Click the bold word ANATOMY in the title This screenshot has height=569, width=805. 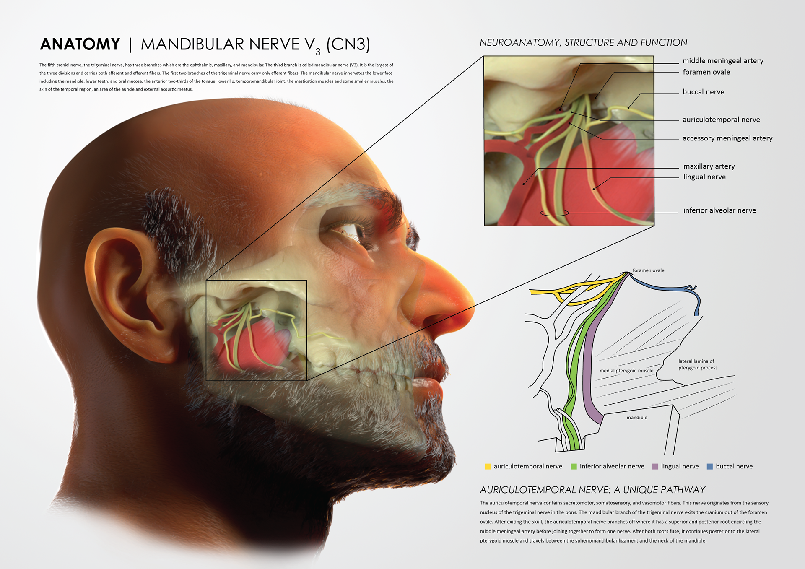pos(80,44)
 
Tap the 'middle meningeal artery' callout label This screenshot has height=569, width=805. pos(723,61)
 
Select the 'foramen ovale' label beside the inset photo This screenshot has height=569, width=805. pos(706,72)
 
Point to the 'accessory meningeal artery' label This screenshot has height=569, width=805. pos(727,138)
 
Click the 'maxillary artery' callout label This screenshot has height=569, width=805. pos(709,166)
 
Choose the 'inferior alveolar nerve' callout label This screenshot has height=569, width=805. pos(719,210)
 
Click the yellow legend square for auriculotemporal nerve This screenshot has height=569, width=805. pos(488,466)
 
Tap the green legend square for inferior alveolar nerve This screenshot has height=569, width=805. pos(574,466)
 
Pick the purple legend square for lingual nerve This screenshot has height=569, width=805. pos(655,466)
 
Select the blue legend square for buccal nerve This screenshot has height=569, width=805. pos(710,466)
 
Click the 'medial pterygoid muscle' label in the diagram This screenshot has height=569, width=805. pos(626,371)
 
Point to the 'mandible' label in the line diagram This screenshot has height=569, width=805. pos(637,418)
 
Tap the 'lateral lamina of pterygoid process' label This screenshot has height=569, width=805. pos(698,364)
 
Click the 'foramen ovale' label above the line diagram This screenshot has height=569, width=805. pos(648,270)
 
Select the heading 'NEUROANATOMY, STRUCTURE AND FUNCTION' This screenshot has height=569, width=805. pos(583,43)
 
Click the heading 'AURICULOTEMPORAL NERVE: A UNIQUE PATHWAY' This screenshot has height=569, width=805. pos(592,490)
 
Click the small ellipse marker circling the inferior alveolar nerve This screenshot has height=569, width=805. pos(554,213)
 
